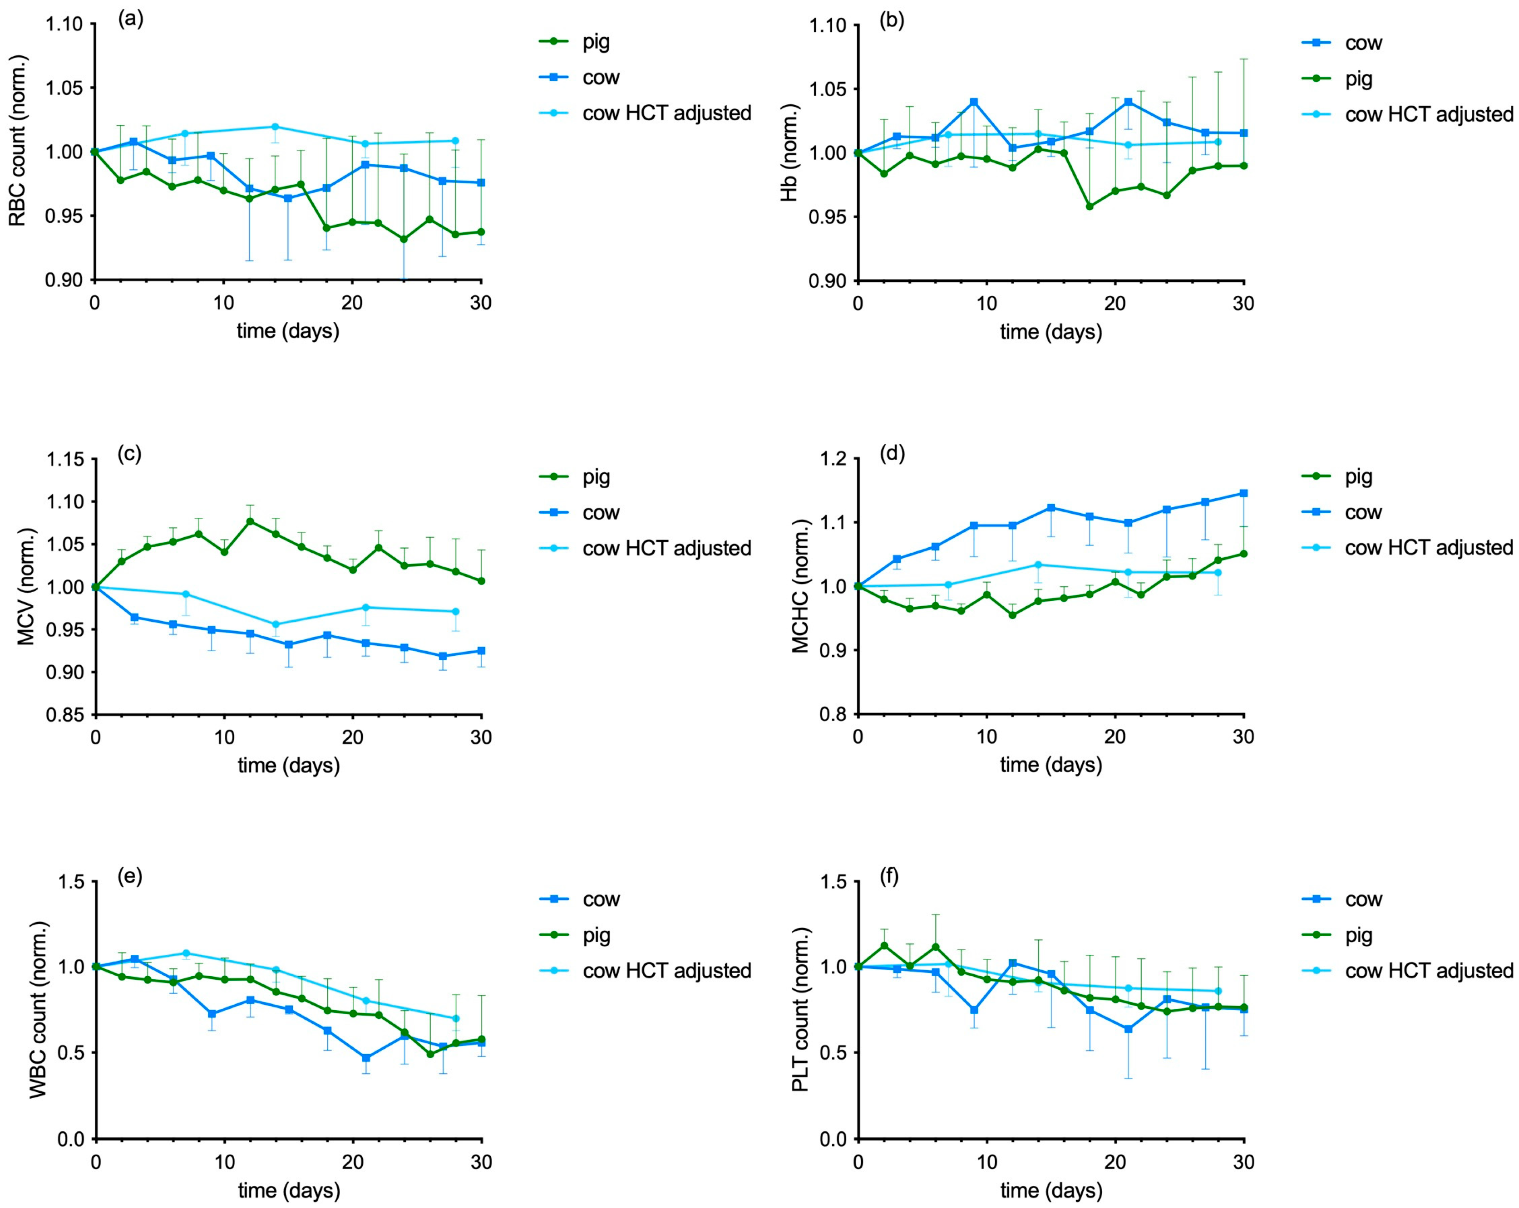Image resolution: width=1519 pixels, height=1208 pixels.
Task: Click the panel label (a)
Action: (130, 19)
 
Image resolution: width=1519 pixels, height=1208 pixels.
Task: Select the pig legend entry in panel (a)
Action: (575, 42)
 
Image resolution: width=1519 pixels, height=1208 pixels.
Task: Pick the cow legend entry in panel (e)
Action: (580, 899)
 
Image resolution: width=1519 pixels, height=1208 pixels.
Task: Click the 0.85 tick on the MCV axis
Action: (65, 715)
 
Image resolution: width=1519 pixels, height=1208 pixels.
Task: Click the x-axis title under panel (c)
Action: (289, 766)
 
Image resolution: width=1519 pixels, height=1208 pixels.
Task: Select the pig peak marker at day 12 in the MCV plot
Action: (250, 521)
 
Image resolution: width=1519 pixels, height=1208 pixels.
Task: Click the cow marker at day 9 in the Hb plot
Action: (974, 102)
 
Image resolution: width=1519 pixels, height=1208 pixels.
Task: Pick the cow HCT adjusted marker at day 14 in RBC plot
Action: (275, 127)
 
